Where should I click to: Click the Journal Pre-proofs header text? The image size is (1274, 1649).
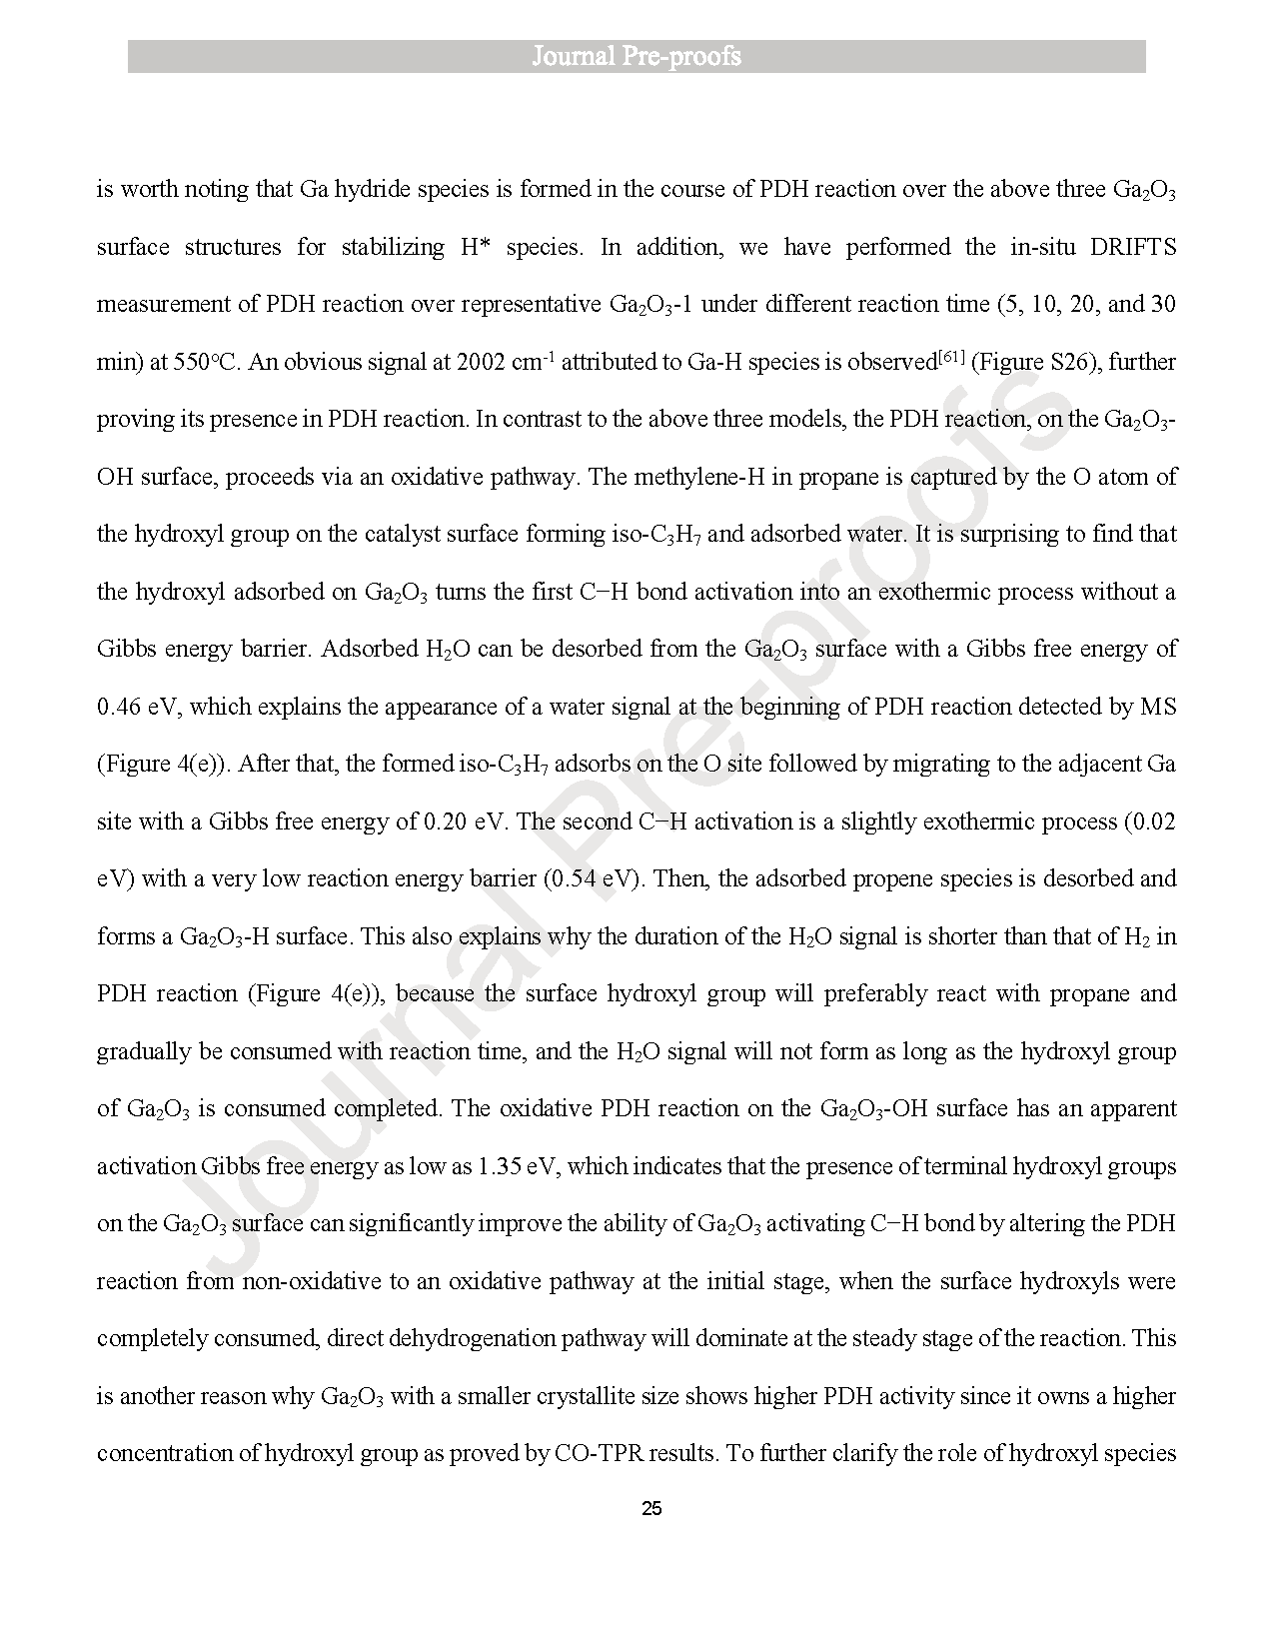(x=637, y=56)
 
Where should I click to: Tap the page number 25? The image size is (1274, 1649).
(x=650, y=1509)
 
